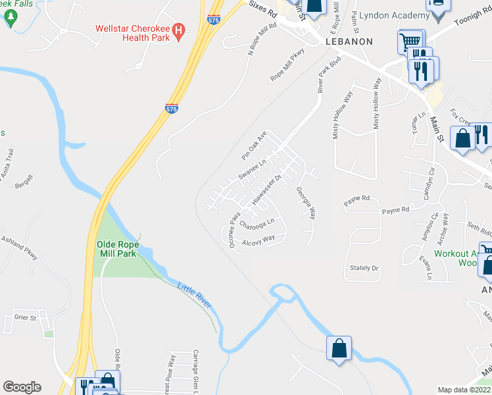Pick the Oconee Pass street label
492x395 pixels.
[x=234, y=230]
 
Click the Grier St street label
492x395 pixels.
[x=25, y=317]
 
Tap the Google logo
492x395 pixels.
[x=22, y=387]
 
